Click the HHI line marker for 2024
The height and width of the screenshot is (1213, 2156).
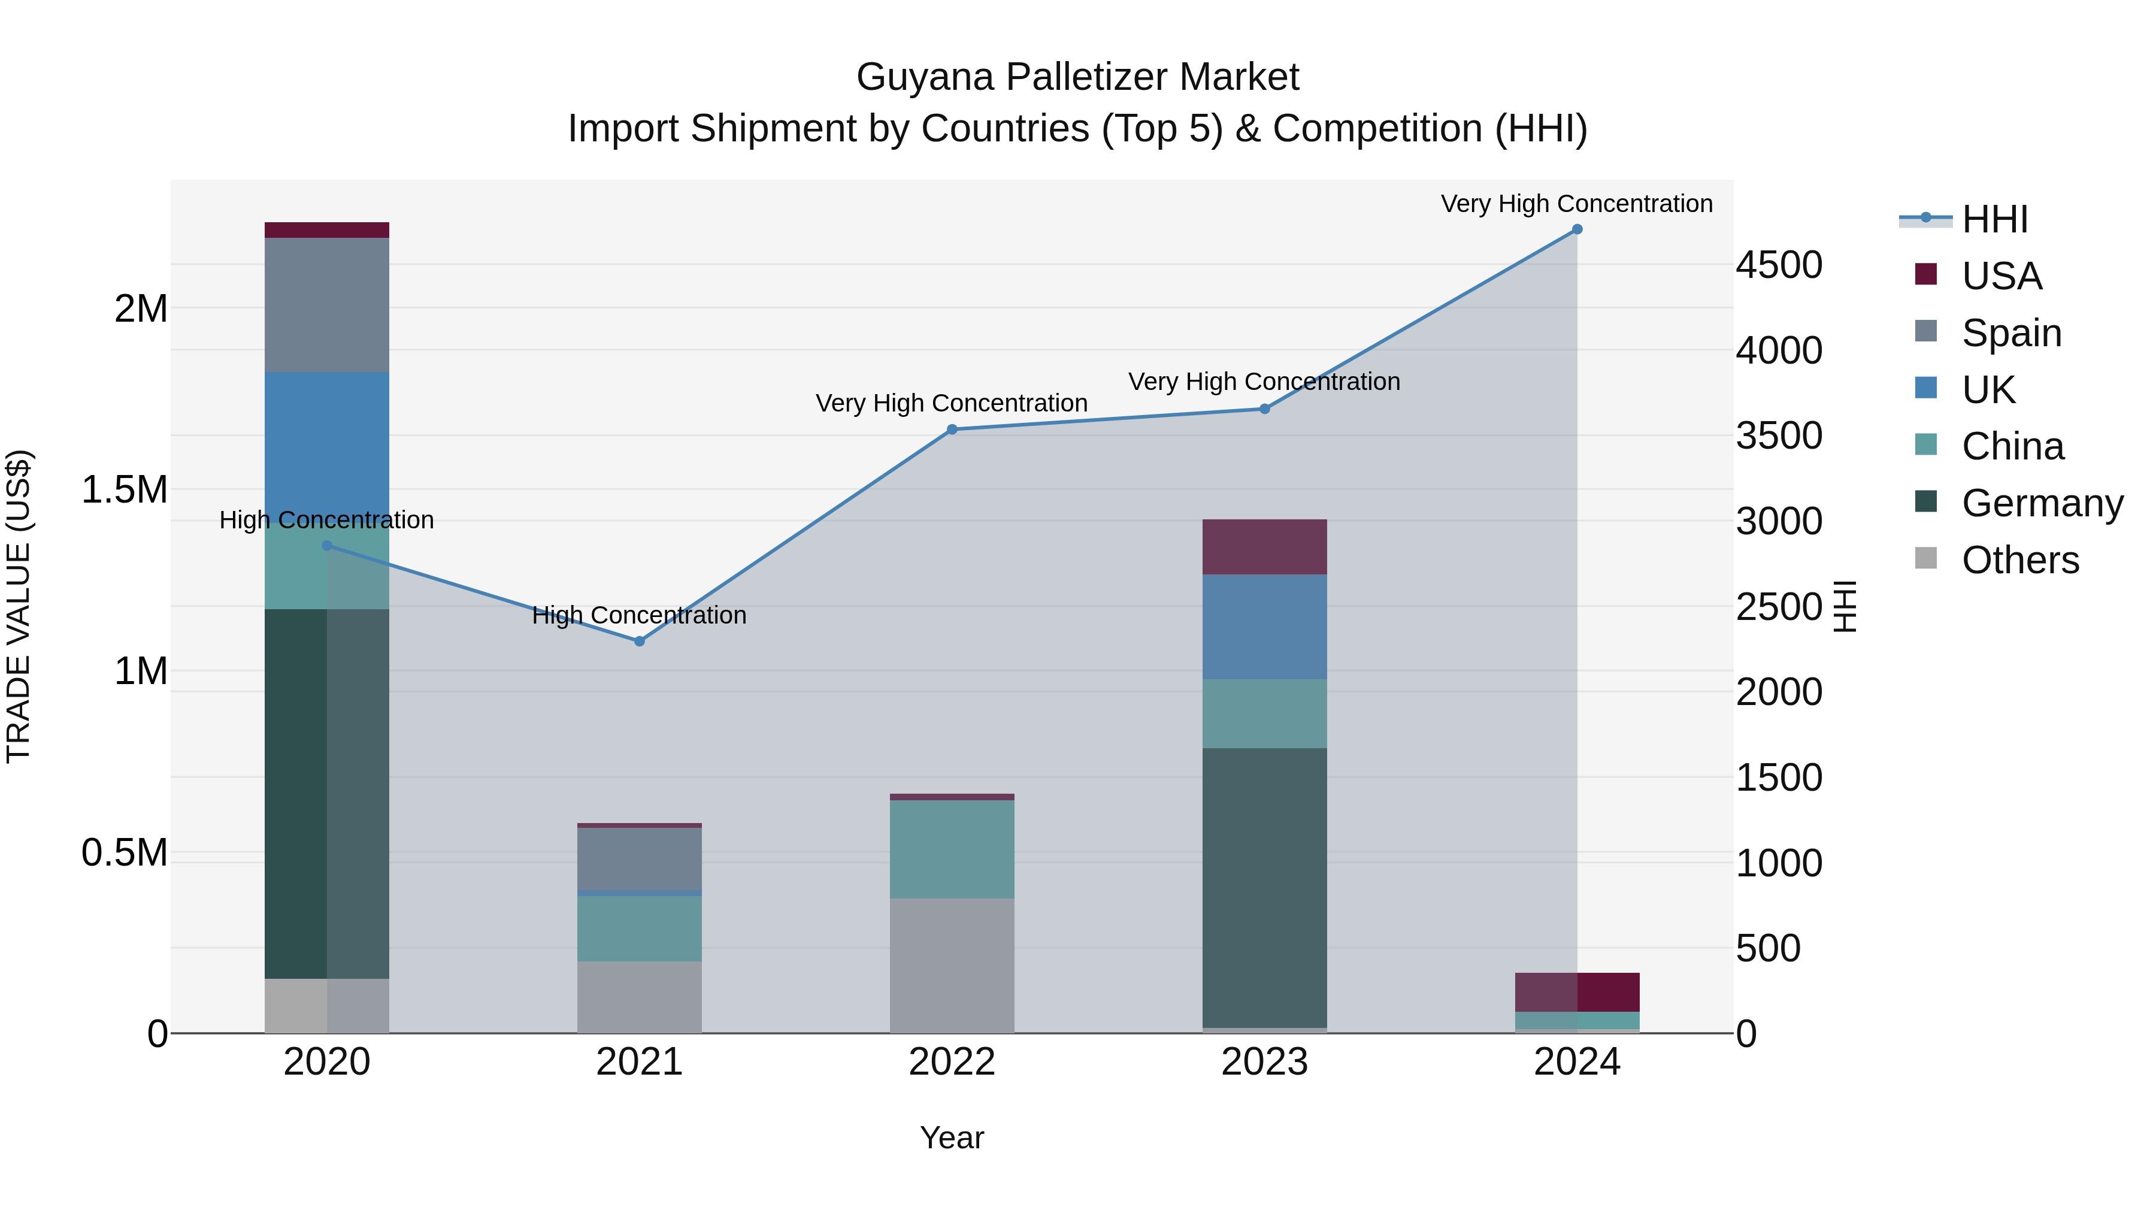pyautogui.click(x=1577, y=229)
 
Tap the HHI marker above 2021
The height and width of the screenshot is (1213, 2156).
pyautogui.click(x=640, y=641)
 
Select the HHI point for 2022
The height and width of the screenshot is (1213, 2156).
pyautogui.click(x=952, y=429)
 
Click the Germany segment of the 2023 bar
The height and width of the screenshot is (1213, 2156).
pyautogui.click(x=1265, y=887)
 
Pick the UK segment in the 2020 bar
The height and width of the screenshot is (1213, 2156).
pyautogui.click(x=326, y=444)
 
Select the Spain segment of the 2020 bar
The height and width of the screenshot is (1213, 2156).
pyautogui.click(x=326, y=305)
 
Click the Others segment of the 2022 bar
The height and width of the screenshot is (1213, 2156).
pyautogui.click(x=952, y=965)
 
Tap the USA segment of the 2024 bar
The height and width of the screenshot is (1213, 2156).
pyautogui.click(x=1577, y=992)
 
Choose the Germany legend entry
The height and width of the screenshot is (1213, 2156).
pyautogui.click(x=2042, y=503)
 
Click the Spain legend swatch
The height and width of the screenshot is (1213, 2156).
pyautogui.click(x=1926, y=331)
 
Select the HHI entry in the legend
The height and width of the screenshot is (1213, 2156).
pyautogui.click(x=1994, y=219)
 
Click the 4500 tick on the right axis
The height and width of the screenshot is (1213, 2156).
pyautogui.click(x=1779, y=265)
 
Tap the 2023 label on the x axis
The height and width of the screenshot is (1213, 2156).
pyautogui.click(x=1265, y=1062)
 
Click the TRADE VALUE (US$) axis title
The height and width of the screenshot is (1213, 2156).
pyautogui.click(x=19, y=606)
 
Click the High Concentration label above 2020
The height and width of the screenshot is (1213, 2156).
pyautogui.click(x=326, y=520)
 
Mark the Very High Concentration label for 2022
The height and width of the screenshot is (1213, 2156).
pyautogui.click(x=952, y=404)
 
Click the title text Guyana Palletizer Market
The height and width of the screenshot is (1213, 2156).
pyautogui.click(x=1077, y=77)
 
